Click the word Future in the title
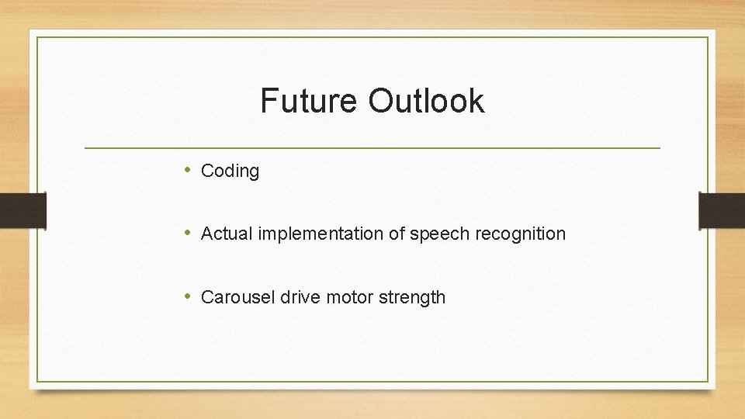(x=310, y=101)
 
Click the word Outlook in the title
(x=426, y=101)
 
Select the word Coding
(x=230, y=171)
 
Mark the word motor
(x=349, y=297)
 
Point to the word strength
(x=412, y=298)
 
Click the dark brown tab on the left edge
(x=23, y=210)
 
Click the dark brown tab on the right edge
(x=722, y=210)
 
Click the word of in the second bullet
(x=395, y=234)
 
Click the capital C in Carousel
(x=206, y=297)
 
